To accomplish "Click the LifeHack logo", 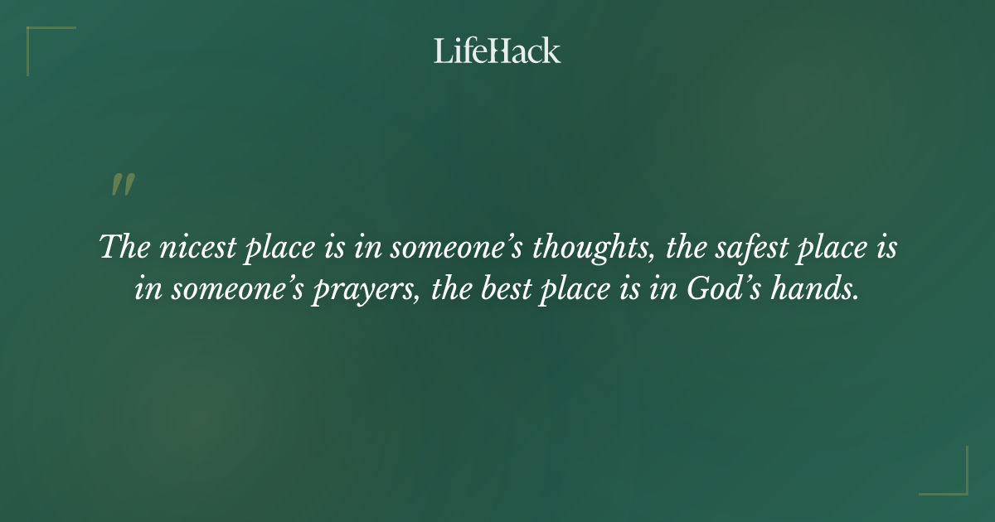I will pos(497,51).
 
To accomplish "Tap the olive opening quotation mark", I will pos(122,185).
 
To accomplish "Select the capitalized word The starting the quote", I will pos(121,248).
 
